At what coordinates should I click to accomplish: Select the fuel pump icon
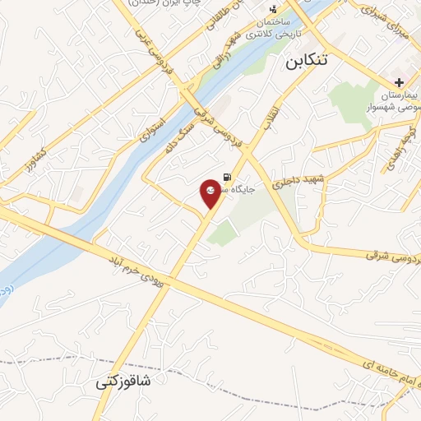tap(226, 175)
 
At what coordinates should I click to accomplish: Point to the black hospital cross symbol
tap(399, 82)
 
